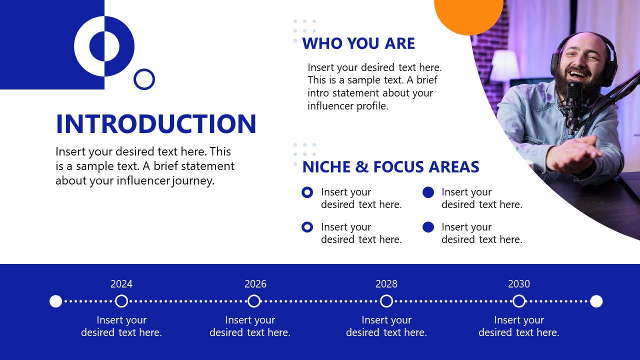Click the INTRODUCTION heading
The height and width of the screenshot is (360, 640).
click(156, 124)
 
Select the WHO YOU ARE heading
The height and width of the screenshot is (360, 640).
click(358, 43)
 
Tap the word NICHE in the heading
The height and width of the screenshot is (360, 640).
click(326, 167)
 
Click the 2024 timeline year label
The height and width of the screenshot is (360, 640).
click(121, 284)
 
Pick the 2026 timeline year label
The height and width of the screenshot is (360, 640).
click(255, 284)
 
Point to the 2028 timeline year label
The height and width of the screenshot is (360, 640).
click(386, 284)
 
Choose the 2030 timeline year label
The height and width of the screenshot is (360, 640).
click(519, 284)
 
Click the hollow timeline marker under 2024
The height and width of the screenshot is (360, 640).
click(121, 301)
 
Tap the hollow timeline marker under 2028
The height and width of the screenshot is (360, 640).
click(386, 301)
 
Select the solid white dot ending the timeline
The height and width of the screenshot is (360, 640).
click(596, 301)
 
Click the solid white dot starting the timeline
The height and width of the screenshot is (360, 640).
click(56, 301)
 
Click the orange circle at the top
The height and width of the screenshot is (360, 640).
click(468, 12)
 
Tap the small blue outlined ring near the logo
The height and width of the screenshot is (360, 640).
click(144, 79)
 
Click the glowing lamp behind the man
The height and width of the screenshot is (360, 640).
click(505, 66)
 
